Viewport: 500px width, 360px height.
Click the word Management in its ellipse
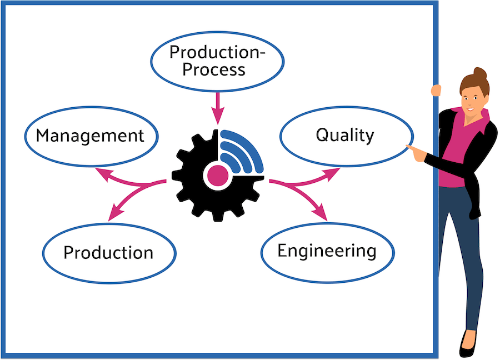coord(90,136)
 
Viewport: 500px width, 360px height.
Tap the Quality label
coord(345,135)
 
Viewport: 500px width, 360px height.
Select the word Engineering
coord(327,251)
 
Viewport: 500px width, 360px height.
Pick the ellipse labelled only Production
coord(108,253)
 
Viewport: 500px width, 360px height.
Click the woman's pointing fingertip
coord(408,147)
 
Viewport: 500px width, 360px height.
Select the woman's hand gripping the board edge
coord(436,89)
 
